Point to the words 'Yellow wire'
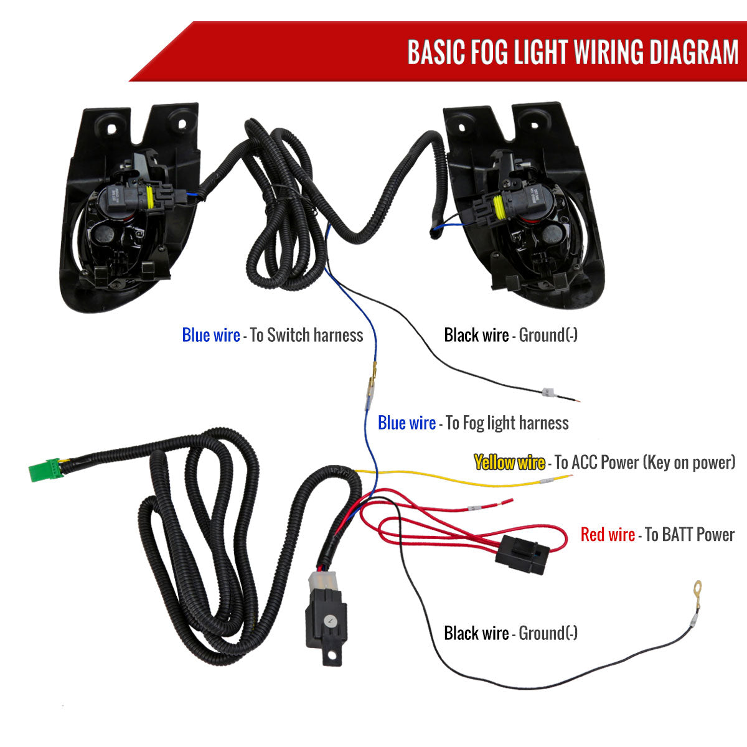click(509, 463)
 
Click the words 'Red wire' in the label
click(608, 535)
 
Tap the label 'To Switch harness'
click(306, 336)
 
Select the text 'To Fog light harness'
click(507, 424)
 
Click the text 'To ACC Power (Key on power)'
click(645, 463)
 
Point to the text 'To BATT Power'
click(690, 535)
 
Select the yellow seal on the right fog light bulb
click(498, 208)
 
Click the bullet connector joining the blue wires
click(372, 386)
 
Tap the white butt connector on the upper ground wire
click(547, 393)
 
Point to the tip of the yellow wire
click(568, 477)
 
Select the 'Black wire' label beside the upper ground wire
click(476, 336)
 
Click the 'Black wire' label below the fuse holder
click(476, 634)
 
